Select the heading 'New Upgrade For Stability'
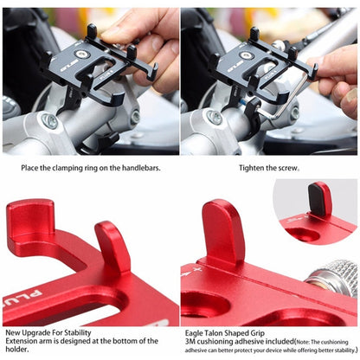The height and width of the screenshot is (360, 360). (x=48, y=331)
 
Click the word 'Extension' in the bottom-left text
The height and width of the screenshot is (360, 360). (x=22, y=340)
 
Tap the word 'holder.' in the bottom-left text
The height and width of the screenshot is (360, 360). (x=18, y=350)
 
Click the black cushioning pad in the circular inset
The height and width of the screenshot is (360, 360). (x=321, y=199)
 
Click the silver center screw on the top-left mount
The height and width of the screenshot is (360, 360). (x=81, y=54)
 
